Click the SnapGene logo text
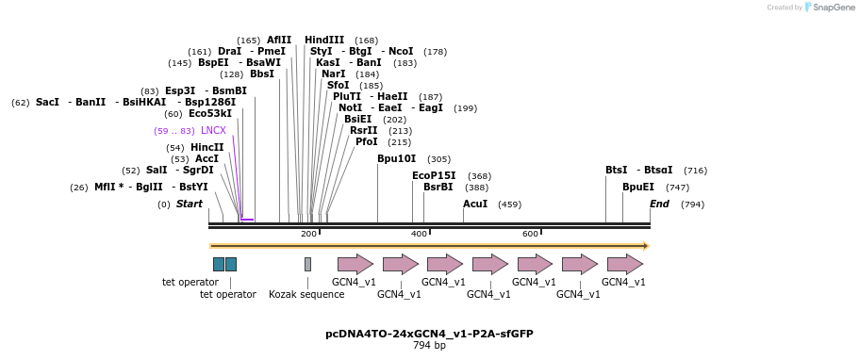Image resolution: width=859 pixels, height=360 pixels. coord(834,8)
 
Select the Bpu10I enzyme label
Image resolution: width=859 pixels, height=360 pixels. coord(396,159)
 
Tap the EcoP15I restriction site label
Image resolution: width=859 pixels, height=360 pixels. coord(434,175)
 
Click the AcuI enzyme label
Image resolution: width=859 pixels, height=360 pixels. coord(474,204)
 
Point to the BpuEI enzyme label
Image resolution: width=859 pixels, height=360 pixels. coord(637,188)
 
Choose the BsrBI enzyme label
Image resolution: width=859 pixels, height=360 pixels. coord(438,188)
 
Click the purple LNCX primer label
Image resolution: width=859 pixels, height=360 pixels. coord(213,130)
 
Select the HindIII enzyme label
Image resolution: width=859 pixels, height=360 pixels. coord(323,40)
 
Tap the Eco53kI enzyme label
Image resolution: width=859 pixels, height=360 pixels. coord(209,113)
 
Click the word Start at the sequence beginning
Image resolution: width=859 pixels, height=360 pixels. coord(189,204)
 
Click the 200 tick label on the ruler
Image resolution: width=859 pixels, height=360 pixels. coord(308,234)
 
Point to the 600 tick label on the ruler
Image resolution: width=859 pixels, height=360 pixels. coord(530,234)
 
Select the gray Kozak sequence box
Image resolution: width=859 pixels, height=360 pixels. coord(307,264)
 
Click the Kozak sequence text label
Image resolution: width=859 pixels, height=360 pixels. coord(306,294)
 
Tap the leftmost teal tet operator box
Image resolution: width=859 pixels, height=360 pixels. coord(219,264)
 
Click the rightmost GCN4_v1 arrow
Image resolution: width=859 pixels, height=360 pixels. coord(624,264)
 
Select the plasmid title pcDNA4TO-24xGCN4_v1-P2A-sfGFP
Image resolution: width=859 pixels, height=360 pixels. coord(429,334)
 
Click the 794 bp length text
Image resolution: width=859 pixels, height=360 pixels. coord(429,346)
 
